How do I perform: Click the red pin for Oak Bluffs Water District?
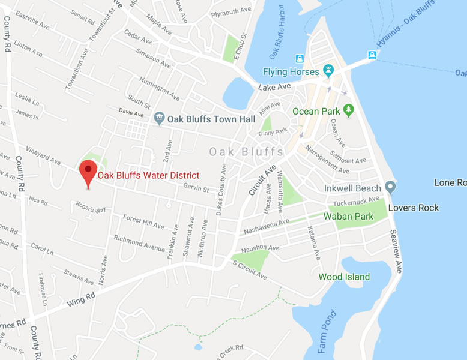pyautogui.click(x=89, y=172)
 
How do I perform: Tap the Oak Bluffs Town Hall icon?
pyautogui.click(x=159, y=118)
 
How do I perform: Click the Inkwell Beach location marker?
pyautogui.click(x=390, y=188)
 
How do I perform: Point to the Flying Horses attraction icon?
pyautogui.click(x=328, y=72)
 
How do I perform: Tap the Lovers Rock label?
pyautogui.click(x=414, y=208)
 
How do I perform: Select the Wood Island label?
pyautogui.click(x=344, y=277)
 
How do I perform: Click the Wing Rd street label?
pyautogui.click(x=80, y=299)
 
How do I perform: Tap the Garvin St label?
pyautogui.click(x=196, y=190)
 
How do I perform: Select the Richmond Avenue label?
pyautogui.click(x=139, y=244)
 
